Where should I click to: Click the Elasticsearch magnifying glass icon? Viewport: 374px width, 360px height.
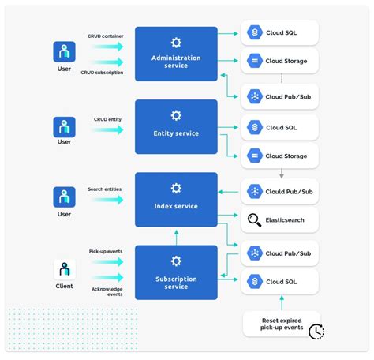[254, 220]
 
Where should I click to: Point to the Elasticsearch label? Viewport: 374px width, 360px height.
[286, 221]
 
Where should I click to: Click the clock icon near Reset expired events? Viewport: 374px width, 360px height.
[316, 332]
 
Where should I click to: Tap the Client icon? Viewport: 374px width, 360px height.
[64, 270]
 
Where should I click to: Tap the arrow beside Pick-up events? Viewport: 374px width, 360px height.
[107, 261]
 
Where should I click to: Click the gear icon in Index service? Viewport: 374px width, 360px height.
[176, 188]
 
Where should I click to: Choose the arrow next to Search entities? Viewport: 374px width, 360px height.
[107, 200]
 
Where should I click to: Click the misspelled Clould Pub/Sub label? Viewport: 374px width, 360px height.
[290, 191]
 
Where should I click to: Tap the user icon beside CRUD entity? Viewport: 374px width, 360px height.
[64, 126]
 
